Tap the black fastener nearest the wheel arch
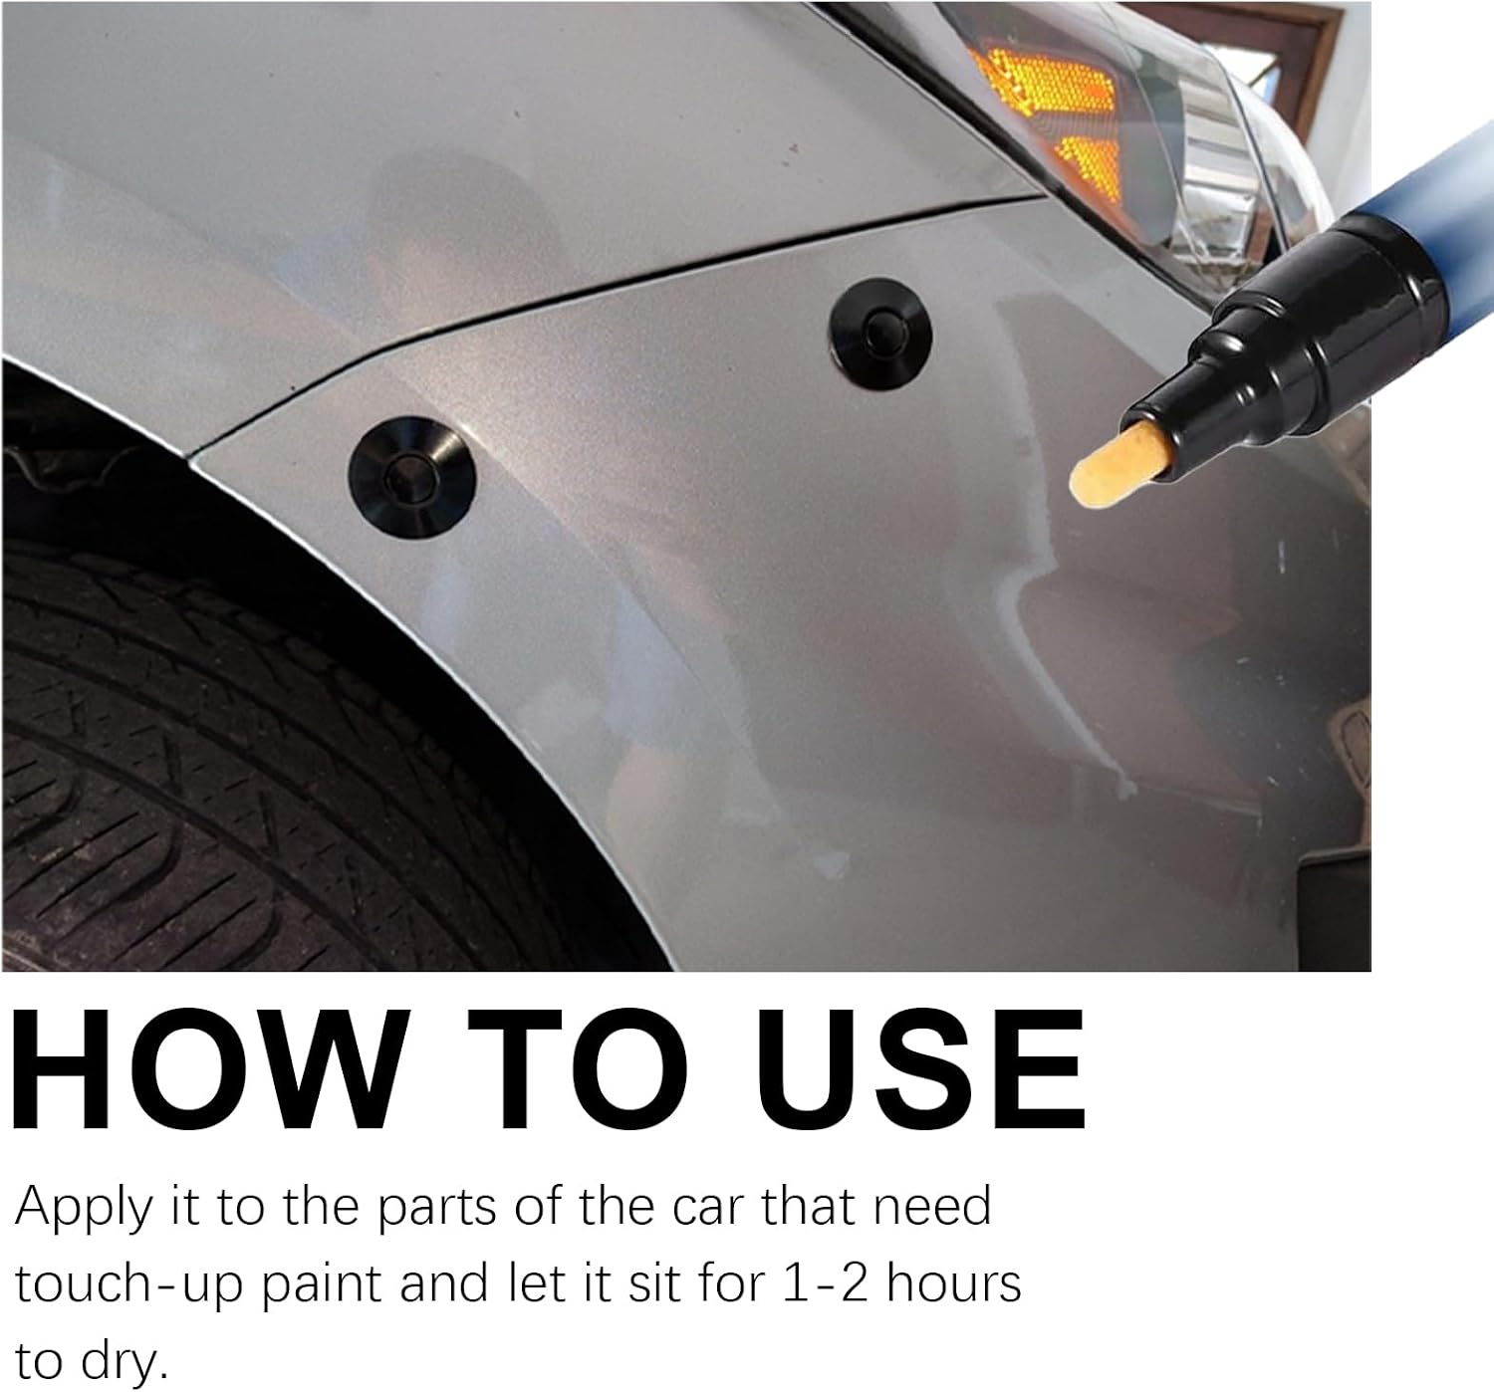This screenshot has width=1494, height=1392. (x=411, y=477)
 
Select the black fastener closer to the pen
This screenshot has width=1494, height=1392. (x=880, y=334)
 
